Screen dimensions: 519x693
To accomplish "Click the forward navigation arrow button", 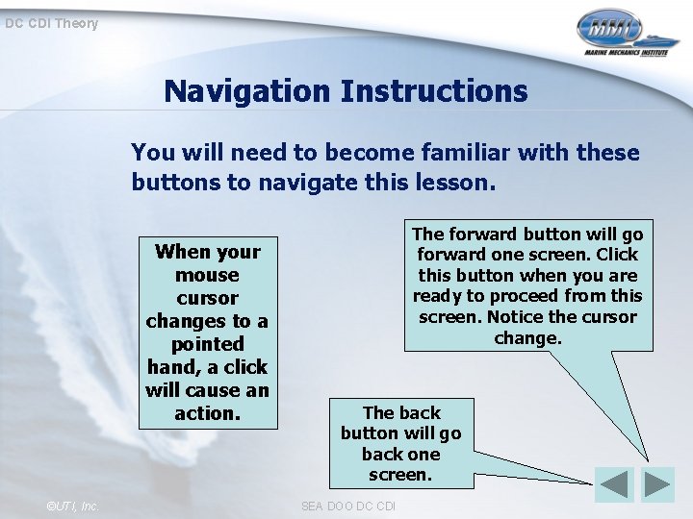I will [x=658, y=484].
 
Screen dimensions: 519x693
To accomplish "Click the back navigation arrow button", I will [x=614, y=484].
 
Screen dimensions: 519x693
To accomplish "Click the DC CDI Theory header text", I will [x=51, y=23].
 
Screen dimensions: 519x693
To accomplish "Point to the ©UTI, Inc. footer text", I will [x=71, y=506].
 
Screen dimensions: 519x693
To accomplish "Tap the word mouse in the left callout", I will [x=207, y=275].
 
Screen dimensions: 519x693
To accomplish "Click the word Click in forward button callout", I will [x=617, y=255].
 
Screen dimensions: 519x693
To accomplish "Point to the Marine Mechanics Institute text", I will [x=626, y=56].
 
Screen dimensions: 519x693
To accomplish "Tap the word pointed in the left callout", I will [x=207, y=344].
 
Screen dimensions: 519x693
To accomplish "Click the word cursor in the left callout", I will [x=207, y=298].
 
